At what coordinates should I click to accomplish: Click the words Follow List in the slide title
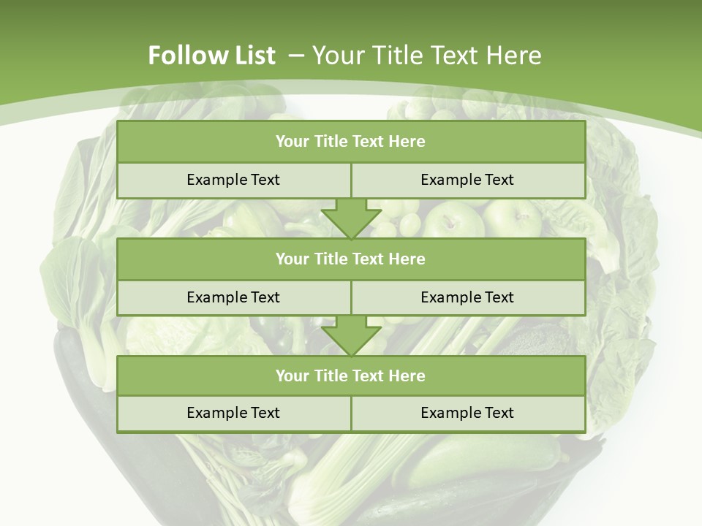211,56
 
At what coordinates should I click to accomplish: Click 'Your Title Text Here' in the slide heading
426,56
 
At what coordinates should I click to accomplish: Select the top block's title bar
351,142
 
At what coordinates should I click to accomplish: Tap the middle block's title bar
351,259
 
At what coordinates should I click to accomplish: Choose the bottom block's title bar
351,376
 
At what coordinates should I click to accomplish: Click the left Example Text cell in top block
233,180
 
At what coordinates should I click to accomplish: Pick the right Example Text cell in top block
467,180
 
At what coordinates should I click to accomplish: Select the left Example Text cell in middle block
233,297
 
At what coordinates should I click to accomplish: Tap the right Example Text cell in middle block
467,297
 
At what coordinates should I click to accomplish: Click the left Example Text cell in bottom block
233,413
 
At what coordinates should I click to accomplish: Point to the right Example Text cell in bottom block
467,413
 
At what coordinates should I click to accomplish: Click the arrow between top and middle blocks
351,218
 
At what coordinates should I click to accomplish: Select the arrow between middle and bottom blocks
351,336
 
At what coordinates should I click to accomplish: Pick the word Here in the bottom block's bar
407,376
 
